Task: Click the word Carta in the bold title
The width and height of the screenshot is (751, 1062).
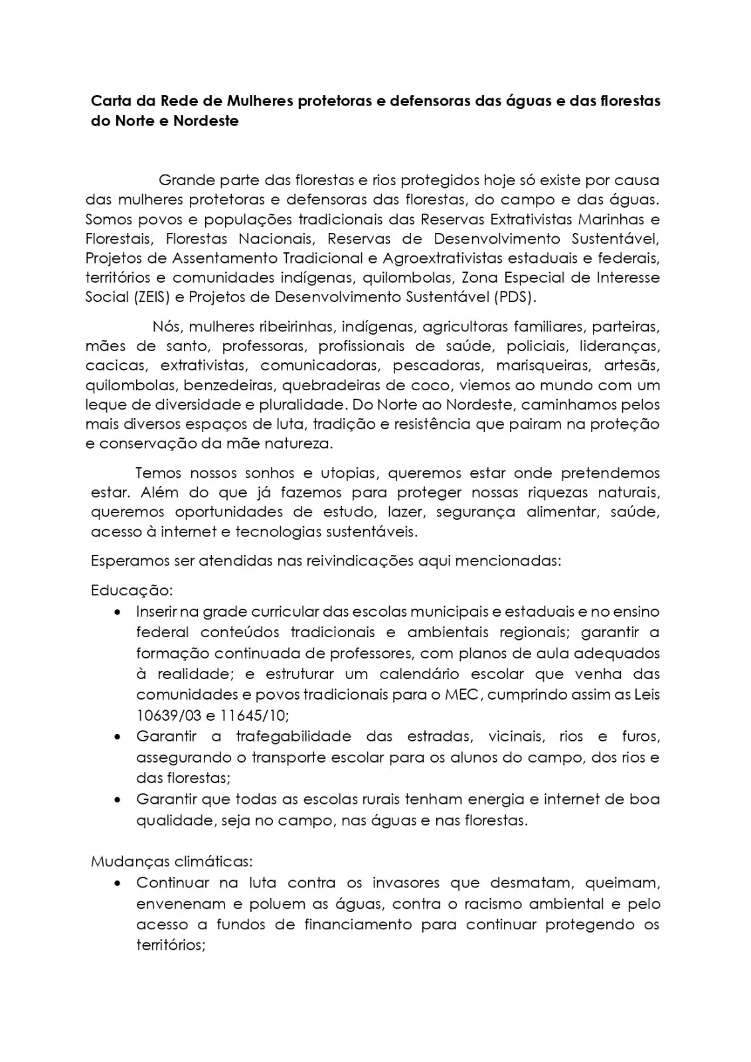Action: pos(110,102)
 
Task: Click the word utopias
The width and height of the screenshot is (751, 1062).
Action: pos(349,473)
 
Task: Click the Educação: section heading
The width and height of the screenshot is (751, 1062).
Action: pos(131,590)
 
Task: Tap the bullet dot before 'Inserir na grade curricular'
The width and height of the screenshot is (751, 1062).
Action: pos(118,611)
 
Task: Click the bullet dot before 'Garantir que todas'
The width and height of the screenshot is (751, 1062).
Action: pos(118,800)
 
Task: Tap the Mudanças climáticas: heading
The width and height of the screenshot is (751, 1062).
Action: pos(171,862)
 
